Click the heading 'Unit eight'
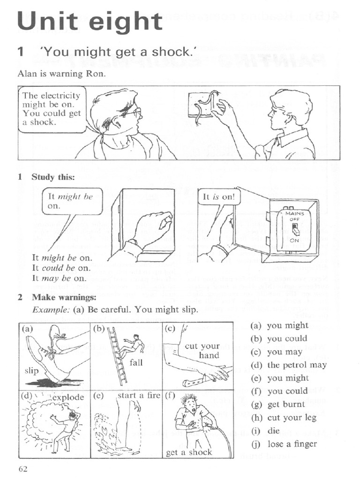(x=90, y=21)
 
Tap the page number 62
(x=23, y=469)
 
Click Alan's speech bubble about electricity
(x=52, y=109)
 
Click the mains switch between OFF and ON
(x=295, y=229)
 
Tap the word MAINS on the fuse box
(x=295, y=214)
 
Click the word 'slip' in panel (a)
(x=31, y=370)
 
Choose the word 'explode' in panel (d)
(x=67, y=397)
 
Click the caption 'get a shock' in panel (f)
(x=189, y=452)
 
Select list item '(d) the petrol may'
(x=288, y=365)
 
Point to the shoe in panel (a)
(x=47, y=356)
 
